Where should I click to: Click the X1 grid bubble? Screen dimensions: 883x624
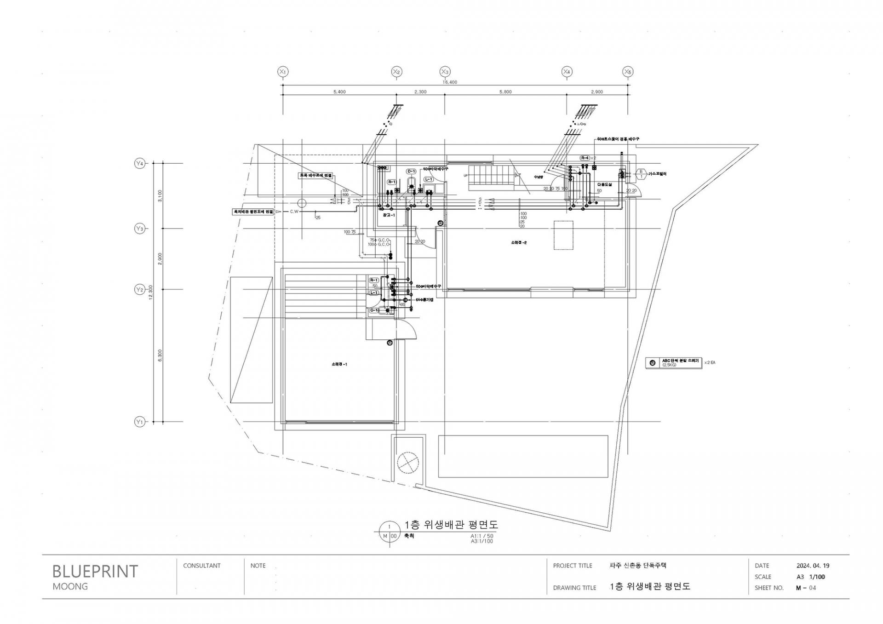(x=283, y=72)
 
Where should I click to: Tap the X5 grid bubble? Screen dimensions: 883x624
(x=628, y=72)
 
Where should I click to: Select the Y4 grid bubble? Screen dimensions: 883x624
(x=139, y=163)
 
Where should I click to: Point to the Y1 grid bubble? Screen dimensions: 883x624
(x=139, y=422)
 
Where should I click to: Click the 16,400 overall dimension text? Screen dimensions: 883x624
(x=450, y=82)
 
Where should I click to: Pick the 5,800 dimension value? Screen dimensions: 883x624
(x=505, y=92)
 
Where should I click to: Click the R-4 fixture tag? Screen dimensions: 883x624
(x=585, y=158)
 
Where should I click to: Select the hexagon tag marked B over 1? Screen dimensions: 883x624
(x=641, y=174)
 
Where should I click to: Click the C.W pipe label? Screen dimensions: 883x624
(x=294, y=212)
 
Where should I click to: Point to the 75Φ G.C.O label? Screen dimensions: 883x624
(x=380, y=240)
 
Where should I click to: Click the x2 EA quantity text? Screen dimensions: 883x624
(x=710, y=363)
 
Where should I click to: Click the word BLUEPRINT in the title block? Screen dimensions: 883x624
(x=95, y=571)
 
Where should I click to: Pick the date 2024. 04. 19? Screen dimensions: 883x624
(x=813, y=566)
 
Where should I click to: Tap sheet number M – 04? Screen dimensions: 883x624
(x=806, y=588)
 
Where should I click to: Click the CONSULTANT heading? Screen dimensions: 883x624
(x=201, y=566)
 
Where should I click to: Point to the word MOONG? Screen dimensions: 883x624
(x=70, y=587)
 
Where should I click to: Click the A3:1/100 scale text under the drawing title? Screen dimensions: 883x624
(x=481, y=541)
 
